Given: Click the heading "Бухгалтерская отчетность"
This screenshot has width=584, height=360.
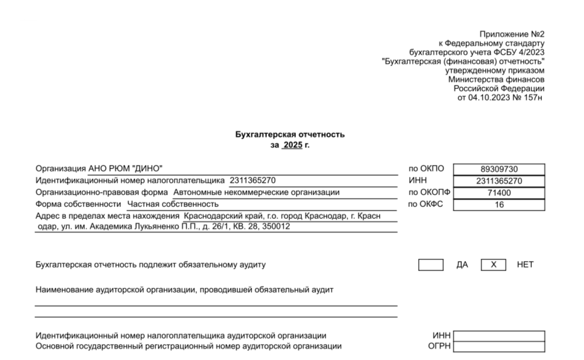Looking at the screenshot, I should click(290, 135).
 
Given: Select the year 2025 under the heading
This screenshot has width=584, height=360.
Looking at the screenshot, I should click(292, 145).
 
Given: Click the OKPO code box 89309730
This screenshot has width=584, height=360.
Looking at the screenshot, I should click(498, 169).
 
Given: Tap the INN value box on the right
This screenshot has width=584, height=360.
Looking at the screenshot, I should click(498, 181).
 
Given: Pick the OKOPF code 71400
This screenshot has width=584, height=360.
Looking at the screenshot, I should click(498, 193).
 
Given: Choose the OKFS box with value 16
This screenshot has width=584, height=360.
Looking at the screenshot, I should click(498, 205).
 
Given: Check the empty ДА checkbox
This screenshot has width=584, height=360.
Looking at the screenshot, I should click(430, 265).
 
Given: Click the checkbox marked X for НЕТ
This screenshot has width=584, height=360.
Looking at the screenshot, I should click(493, 265).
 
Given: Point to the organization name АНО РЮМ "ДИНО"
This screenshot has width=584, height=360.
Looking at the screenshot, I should click(125, 169).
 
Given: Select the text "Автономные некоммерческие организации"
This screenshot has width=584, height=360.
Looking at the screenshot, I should click(256, 193).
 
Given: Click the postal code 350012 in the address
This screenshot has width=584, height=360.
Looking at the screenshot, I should click(277, 227).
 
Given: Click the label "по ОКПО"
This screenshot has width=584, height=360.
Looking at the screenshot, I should click(426, 169).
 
